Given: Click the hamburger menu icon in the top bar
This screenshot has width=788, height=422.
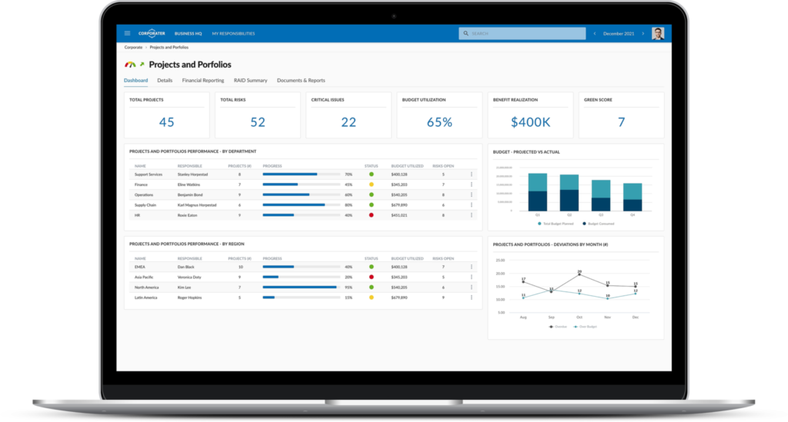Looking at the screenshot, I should click(127, 33).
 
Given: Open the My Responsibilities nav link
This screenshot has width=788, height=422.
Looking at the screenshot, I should click(233, 34).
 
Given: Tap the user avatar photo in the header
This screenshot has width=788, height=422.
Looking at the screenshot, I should click(657, 34).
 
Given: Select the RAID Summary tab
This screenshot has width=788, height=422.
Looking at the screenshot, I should click(250, 80).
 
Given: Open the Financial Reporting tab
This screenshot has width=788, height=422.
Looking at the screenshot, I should click(203, 80).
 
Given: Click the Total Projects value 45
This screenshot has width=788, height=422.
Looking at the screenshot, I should click(166, 121).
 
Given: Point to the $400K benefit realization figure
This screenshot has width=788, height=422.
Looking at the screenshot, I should click(530, 121).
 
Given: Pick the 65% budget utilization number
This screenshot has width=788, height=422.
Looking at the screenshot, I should click(439, 121).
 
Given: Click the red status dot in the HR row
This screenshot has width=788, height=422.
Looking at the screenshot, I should click(371, 215).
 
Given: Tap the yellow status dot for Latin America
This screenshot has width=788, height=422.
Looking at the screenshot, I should click(371, 297).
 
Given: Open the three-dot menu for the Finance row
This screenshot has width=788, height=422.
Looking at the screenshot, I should click(472, 184).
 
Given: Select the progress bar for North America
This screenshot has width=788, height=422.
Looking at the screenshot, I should click(301, 287).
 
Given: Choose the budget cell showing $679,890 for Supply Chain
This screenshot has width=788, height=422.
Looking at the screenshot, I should click(399, 205).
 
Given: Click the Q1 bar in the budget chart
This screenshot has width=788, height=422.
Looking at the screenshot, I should click(537, 192).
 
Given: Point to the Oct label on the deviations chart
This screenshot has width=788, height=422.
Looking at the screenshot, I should click(579, 317).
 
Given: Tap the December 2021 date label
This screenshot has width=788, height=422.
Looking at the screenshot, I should click(619, 34).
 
